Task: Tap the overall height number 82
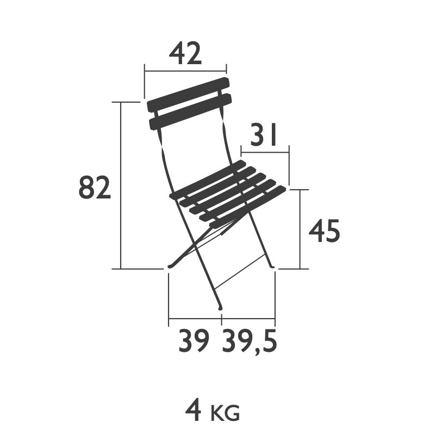click(95, 188)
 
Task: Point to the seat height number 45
click(325, 232)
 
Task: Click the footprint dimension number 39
click(194, 341)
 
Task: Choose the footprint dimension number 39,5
click(250, 341)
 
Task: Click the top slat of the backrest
click(188, 94)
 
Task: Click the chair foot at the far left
click(170, 266)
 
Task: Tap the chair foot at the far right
click(272, 266)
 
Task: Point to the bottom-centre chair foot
click(220, 309)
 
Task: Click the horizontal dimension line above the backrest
click(185, 70)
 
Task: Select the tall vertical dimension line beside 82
click(120, 185)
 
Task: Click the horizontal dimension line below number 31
click(264, 152)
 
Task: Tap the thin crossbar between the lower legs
click(239, 272)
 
